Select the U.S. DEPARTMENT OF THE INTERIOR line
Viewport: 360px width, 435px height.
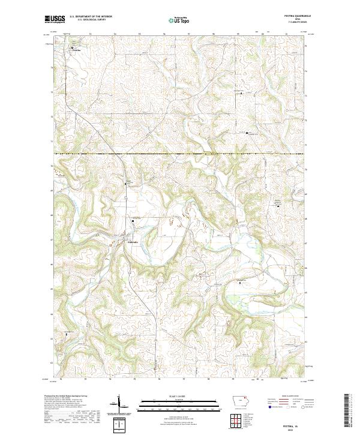point(91,17)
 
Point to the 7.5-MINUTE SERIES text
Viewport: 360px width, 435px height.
point(296,23)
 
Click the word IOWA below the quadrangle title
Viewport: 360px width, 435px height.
point(296,20)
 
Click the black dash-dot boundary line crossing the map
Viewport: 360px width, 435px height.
point(180,154)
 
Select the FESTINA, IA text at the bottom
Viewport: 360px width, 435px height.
point(296,422)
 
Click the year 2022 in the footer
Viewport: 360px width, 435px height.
point(296,427)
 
